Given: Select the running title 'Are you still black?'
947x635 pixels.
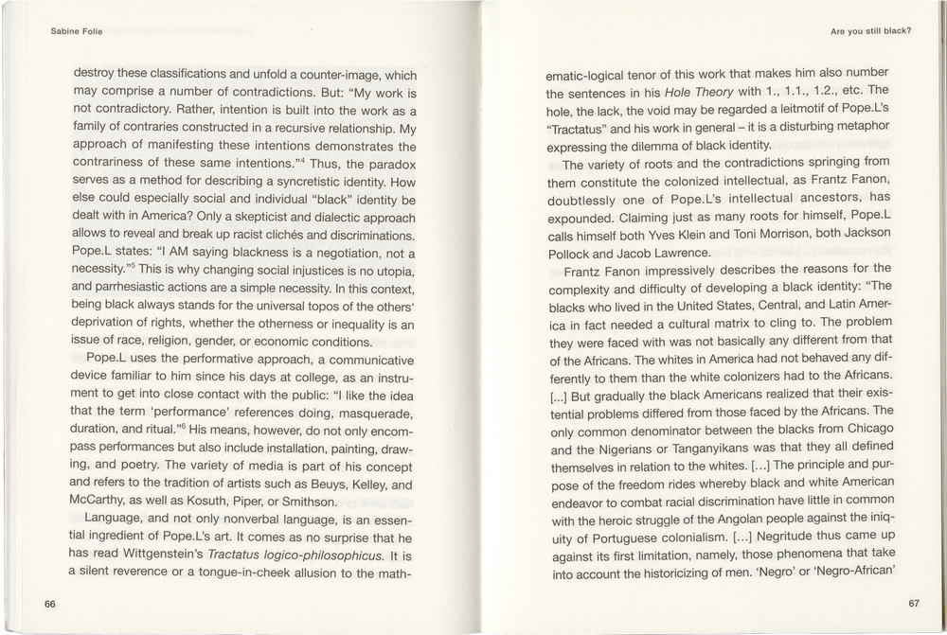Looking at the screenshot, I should click(x=870, y=30).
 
